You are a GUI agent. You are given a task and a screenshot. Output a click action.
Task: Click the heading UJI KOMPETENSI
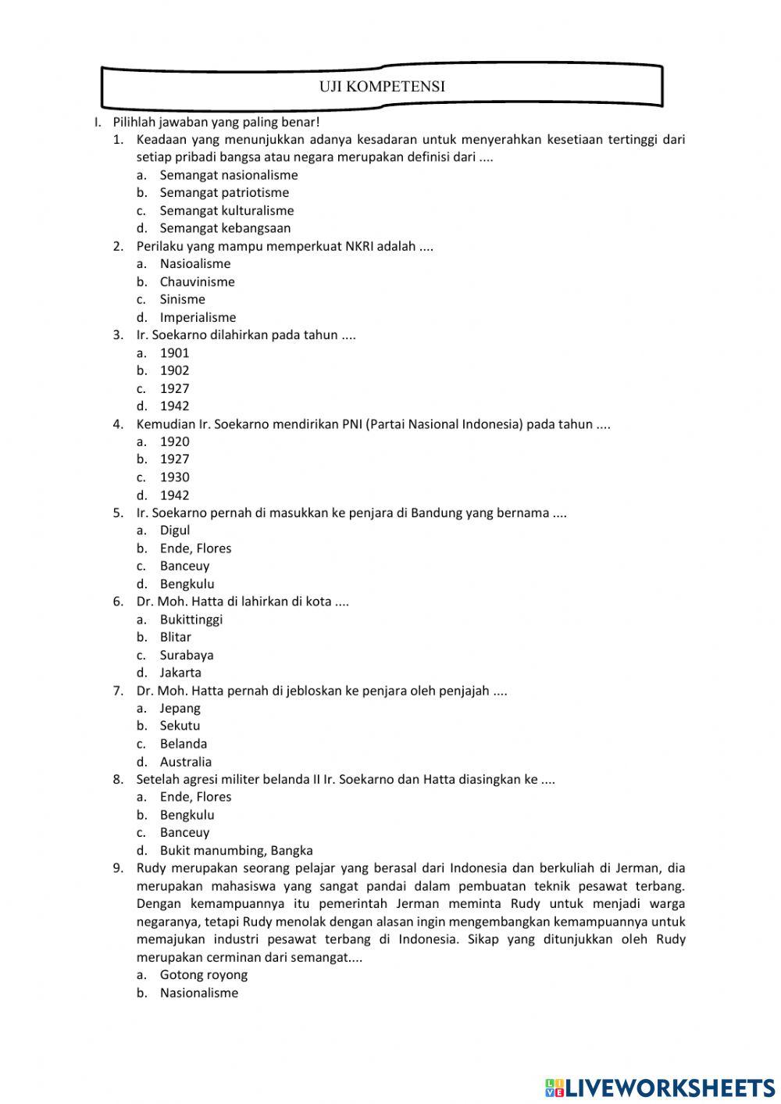click(382, 87)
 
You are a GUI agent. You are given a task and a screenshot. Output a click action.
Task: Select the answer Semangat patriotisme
click(224, 192)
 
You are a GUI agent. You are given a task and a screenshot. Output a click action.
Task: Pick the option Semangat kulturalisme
click(226, 210)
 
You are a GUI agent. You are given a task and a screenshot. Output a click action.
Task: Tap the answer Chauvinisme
click(197, 281)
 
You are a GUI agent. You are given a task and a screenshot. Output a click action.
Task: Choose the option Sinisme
click(182, 299)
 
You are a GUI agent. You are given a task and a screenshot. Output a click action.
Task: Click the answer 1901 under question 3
click(174, 352)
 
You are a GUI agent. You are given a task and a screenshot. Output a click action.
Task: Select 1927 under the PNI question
click(174, 459)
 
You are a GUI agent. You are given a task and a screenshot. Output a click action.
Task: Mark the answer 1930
click(174, 477)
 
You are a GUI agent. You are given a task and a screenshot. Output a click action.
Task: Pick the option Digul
click(174, 531)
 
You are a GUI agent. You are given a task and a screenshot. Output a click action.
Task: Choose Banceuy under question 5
click(184, 566)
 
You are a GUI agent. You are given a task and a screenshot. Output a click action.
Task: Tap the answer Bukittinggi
click(191, 620)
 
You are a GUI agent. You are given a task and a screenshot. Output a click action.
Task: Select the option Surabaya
click(187, 655)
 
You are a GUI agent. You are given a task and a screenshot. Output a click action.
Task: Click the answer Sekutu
click(180, 726)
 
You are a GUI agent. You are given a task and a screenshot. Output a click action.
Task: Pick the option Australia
click(185, 762)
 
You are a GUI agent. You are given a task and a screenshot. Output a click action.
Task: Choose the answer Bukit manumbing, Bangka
click(236, 850)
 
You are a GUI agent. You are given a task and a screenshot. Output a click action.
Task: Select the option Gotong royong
click(203, 974)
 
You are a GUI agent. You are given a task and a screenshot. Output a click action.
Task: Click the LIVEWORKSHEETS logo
click(660, 1087)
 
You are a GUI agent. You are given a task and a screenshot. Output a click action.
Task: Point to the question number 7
click(118, 691)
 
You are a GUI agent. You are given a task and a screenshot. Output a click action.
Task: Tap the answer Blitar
click(175, 637)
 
